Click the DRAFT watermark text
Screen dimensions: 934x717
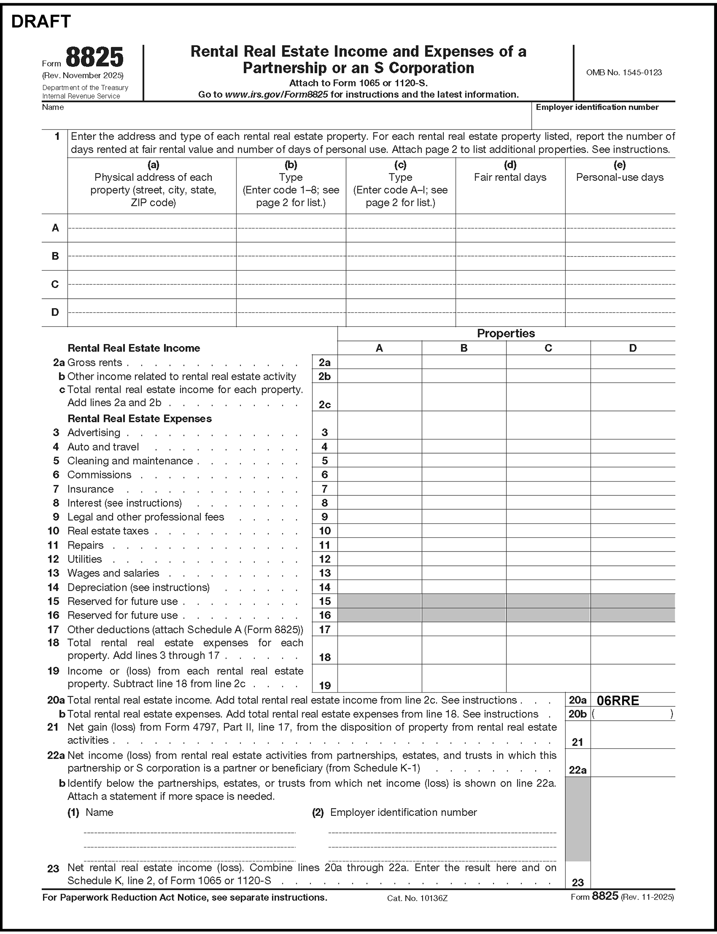[41, 21]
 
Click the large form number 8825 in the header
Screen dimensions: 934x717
[94, 57]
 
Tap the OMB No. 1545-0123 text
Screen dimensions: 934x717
[623, 73]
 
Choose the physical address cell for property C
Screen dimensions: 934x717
[152, 284]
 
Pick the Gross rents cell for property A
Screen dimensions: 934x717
[379, 362]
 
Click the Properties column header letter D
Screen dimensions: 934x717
[632, 348]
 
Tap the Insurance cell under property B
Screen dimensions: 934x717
[464, 488]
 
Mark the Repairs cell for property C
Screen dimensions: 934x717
[548, 545]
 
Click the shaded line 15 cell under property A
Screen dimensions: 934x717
[379, 601]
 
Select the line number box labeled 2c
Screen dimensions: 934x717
[325, 404]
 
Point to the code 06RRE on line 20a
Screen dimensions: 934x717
[617, 700]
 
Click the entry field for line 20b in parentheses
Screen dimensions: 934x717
[632, 714]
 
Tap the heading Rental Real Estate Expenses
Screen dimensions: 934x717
[139, 418]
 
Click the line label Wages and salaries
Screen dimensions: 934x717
[113, 573]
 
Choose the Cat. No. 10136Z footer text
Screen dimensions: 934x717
[417, 898]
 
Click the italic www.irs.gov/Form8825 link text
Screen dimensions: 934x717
[276, 94]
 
